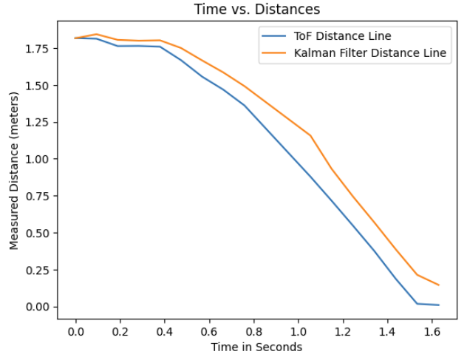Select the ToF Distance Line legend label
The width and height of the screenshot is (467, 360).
pyautogui.click(x=341, y=35)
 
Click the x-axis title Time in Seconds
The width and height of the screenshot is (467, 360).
pyautogui.click(x=256, y=347)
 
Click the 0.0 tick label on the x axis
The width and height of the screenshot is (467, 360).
pyautogui.click(x=75, y=331)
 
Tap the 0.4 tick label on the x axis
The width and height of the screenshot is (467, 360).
pyautogui.click(x=164, y=331)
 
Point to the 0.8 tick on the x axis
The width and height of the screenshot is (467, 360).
pyautogui.click(x=253, y=331)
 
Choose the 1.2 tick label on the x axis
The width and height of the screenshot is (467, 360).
pyautogui.click(x=342, y=331)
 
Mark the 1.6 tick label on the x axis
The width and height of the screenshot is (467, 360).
pyautogui.click(x=432, y=331)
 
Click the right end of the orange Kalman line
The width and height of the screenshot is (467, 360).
pyautogui.click(x=439, y=285)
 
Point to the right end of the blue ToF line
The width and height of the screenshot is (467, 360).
pyautogui.click(x=439, y=305)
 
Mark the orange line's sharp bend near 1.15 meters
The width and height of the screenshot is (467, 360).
pyautogui.click(x=310, y=136)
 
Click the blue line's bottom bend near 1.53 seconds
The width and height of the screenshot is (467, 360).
pyautogui.click(x=417, y=304)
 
